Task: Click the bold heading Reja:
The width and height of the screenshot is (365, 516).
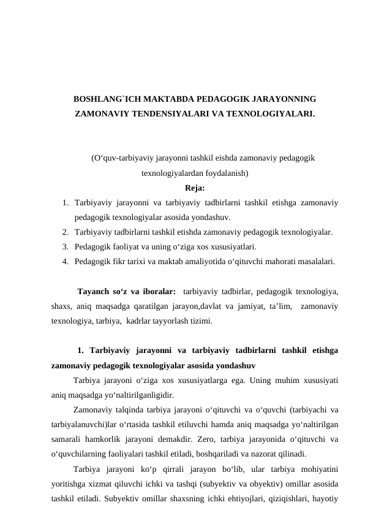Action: [195, 188]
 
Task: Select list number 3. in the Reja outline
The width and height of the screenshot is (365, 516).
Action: [65, 247]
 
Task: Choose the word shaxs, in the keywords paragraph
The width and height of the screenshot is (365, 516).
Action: [62, 306]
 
